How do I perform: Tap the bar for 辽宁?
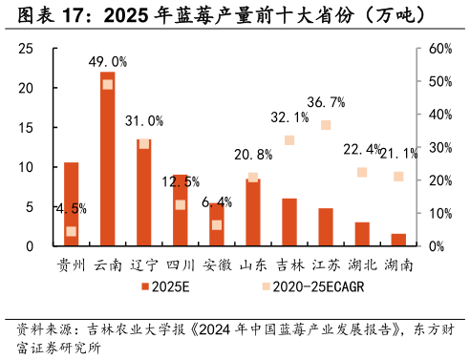click(143, 192)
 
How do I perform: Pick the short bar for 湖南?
click(398, 240)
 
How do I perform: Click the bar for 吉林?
click(289, 222)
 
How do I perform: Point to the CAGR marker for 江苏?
click(326, 125)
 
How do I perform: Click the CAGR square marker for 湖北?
click(362, 172)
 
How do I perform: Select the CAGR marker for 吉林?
click(289, 140)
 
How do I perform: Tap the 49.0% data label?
click(108, 62)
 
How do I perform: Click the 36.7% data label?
click(326, 102)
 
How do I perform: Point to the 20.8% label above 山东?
click(252, 155)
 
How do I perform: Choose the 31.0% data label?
click(144, 121)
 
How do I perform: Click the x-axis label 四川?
click(180, 265)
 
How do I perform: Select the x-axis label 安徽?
click(217, 265)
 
